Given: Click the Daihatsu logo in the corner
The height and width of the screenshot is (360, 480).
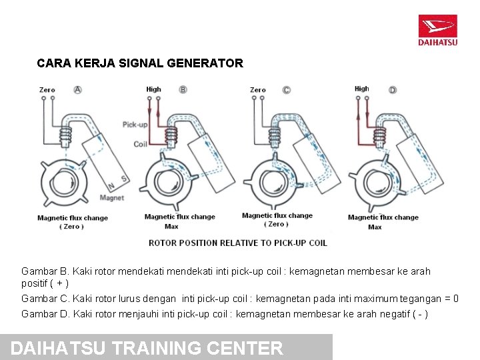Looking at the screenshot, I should tap(437, 30).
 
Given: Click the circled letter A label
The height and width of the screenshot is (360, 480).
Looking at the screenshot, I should tap(77, 89).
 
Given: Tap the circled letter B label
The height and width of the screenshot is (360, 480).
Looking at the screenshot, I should tap(183, 89).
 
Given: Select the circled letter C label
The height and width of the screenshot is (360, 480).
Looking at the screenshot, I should tap(286, 89).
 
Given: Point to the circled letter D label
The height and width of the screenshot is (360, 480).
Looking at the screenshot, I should tap(392, 89).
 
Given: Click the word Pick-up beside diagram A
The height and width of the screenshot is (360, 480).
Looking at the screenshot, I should tap(135, 125).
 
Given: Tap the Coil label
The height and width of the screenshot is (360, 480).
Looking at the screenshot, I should tap(140, 144).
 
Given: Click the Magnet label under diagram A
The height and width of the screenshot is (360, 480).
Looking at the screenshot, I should tap(111, 197).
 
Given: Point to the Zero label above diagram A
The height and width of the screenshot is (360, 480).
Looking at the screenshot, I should tap(47, 89).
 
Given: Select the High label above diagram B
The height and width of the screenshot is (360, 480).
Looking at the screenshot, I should tap(153, 89).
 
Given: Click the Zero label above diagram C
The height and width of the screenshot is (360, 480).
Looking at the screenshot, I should tap(257, 89).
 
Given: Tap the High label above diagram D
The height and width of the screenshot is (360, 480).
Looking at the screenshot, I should tap(361, 89).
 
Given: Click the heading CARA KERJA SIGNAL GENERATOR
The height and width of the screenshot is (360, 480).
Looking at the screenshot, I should tap(140, 64).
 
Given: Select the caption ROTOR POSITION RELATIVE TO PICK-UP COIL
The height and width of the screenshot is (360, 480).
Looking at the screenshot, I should tap(237, 243).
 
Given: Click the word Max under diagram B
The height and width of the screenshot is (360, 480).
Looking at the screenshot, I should tap(171, 227).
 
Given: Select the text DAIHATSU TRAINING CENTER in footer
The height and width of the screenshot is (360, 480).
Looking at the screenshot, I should tap(147, 348).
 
